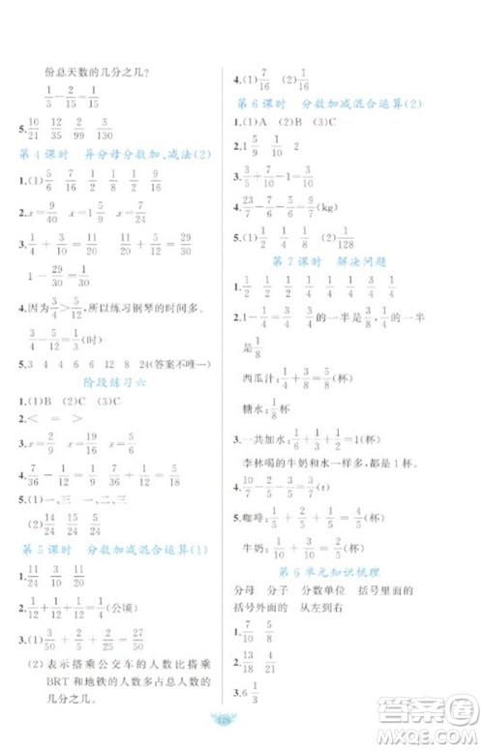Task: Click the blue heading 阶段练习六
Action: coord(108,382)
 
